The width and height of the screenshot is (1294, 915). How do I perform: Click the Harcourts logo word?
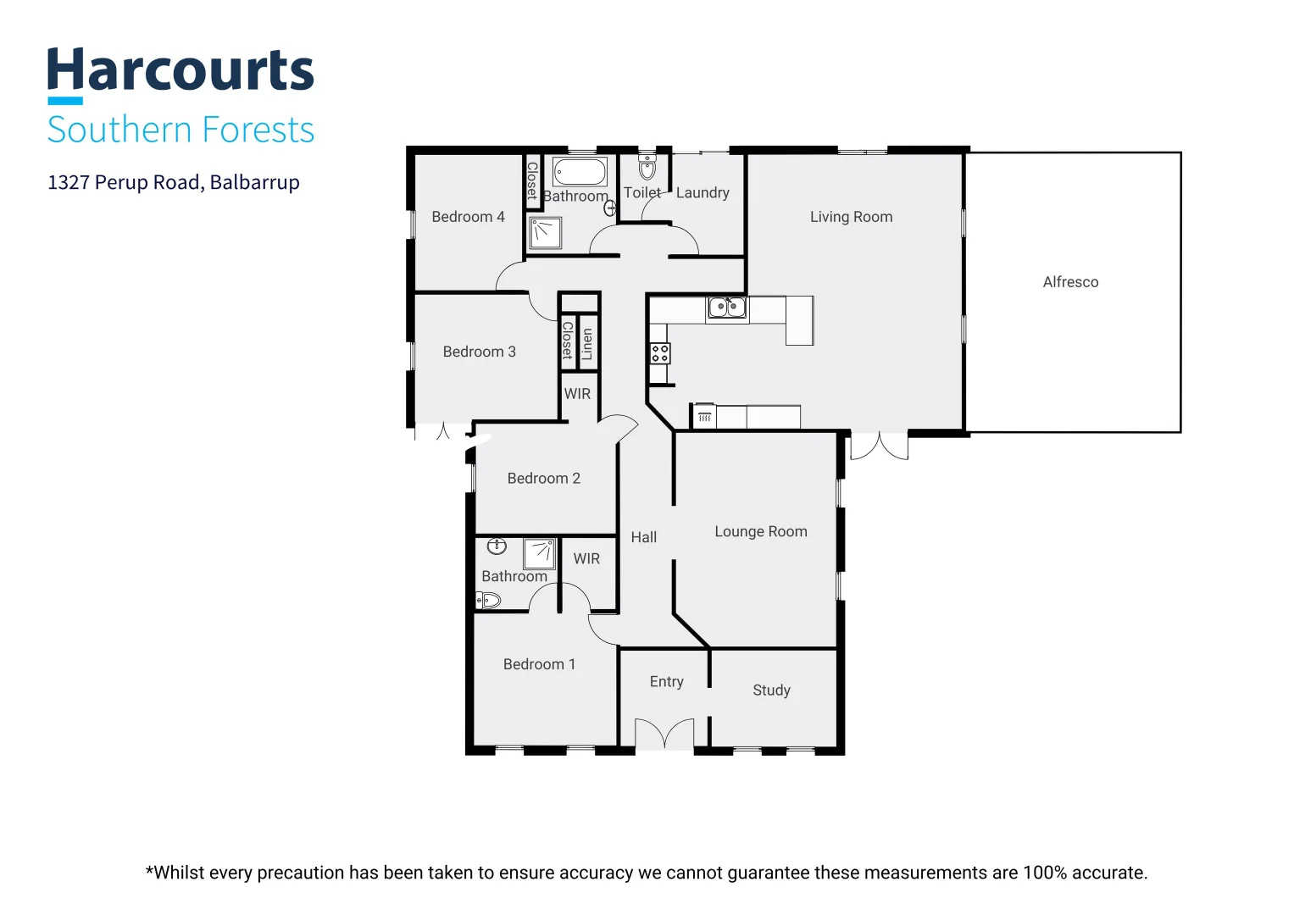click(x=180, y=69)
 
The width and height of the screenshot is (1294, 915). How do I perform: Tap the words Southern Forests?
click(x=180, y=130)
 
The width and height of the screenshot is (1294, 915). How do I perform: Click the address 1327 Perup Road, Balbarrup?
click(x=174, y=182)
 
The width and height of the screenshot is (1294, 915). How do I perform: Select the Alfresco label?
click(x=1070, y=282)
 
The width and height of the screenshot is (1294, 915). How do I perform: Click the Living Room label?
click(x=851, y=217)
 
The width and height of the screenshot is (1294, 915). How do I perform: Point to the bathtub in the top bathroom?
click(x=580, y=171)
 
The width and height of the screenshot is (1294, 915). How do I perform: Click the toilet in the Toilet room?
click(x=647, y=168)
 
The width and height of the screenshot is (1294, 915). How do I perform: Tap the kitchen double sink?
click(x=727, y=308)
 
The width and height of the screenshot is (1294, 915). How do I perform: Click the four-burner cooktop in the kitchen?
click(x=659, y=353)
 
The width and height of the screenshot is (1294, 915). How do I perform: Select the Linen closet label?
click(x=587, y=344)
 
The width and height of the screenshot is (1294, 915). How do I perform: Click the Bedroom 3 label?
click(x=480, y=352)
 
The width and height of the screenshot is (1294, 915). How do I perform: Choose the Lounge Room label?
click(x=761, y=531)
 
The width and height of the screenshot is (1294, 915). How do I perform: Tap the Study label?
click(x=771, y=690)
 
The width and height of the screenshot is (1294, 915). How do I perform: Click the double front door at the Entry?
click(x=664, y=734)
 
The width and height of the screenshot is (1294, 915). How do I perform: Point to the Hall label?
click(x=643, y=537)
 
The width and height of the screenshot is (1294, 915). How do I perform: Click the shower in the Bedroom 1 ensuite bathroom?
click(x=540, y=554)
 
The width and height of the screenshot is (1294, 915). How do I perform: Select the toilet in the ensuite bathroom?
click(x=487, y=601)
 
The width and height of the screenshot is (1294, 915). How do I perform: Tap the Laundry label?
click(x=703, y=192)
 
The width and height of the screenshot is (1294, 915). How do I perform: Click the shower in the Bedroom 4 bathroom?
click(x=546, y=233)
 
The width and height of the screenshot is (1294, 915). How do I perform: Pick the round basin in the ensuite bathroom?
click(x=497, y=546)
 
